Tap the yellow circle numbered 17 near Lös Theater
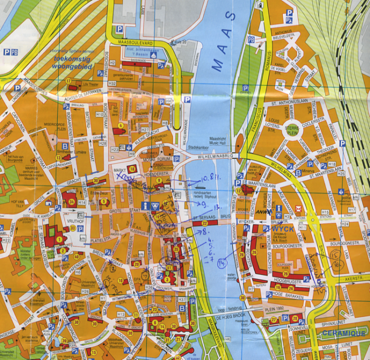(x=68, y=81)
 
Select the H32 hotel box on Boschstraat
(x=112, y=84)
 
